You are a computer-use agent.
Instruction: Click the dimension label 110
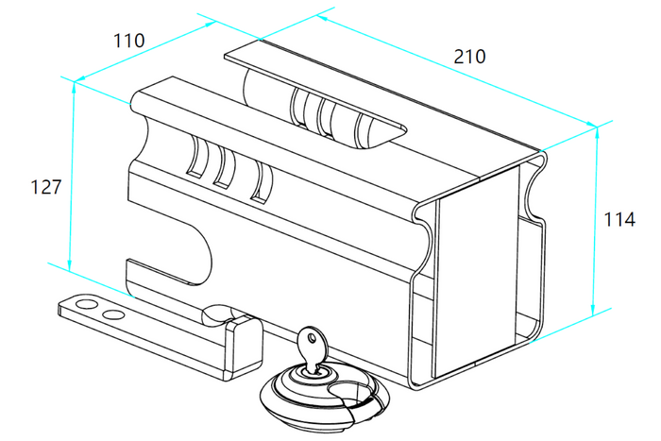(129, 41)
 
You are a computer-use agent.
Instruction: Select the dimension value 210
(469, 56)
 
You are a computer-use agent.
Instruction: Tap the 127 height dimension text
(46, 187)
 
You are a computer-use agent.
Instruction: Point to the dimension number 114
(619, 219)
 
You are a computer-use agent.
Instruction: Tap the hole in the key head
(312, 337)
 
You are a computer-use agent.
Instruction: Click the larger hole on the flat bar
(86, 303)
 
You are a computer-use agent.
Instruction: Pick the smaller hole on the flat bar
(113, 314)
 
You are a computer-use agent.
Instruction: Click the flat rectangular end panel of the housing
(476, 270)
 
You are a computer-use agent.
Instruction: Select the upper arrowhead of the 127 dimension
(75, 87)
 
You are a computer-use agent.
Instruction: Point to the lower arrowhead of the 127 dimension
(70, 264)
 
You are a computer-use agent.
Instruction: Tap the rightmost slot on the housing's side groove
(262, 182)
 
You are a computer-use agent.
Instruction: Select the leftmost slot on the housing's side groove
(196, 156)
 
